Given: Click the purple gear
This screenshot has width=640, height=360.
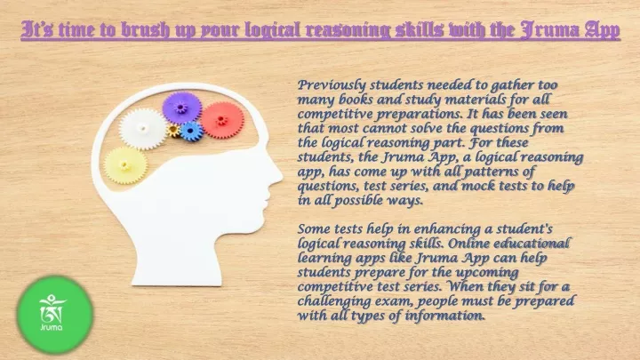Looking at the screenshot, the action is click(x=181, y=108).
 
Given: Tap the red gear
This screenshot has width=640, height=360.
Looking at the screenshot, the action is click(x=222, y=120).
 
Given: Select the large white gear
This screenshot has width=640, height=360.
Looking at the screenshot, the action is click(x=142, y=128).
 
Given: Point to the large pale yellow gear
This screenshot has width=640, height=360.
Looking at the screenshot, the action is click(x=125, y=165).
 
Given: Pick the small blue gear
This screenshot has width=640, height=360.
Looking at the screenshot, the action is click(x=190, y=131).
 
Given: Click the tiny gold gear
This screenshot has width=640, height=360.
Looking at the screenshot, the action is click(x=173, y=131).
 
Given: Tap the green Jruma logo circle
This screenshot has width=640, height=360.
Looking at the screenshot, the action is click(x=55, y=315).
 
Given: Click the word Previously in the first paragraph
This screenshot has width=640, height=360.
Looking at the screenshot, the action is click(x=332, y=85).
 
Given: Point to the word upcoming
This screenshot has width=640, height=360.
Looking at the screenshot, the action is click(x=486, y=273).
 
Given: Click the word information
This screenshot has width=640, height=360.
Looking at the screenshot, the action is click(x=445, y=316).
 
